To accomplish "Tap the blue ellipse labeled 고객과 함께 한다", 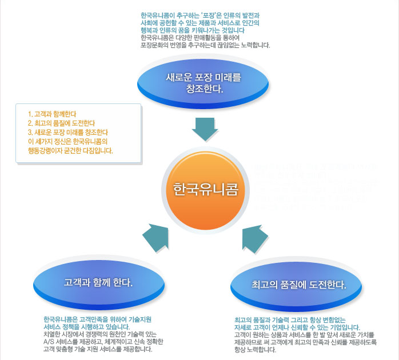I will (99, 282).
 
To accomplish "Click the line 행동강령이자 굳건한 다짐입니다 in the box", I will (70, 151).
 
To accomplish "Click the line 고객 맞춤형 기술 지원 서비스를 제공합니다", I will (98, 349).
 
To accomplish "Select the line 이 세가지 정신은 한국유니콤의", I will (67, 141).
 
